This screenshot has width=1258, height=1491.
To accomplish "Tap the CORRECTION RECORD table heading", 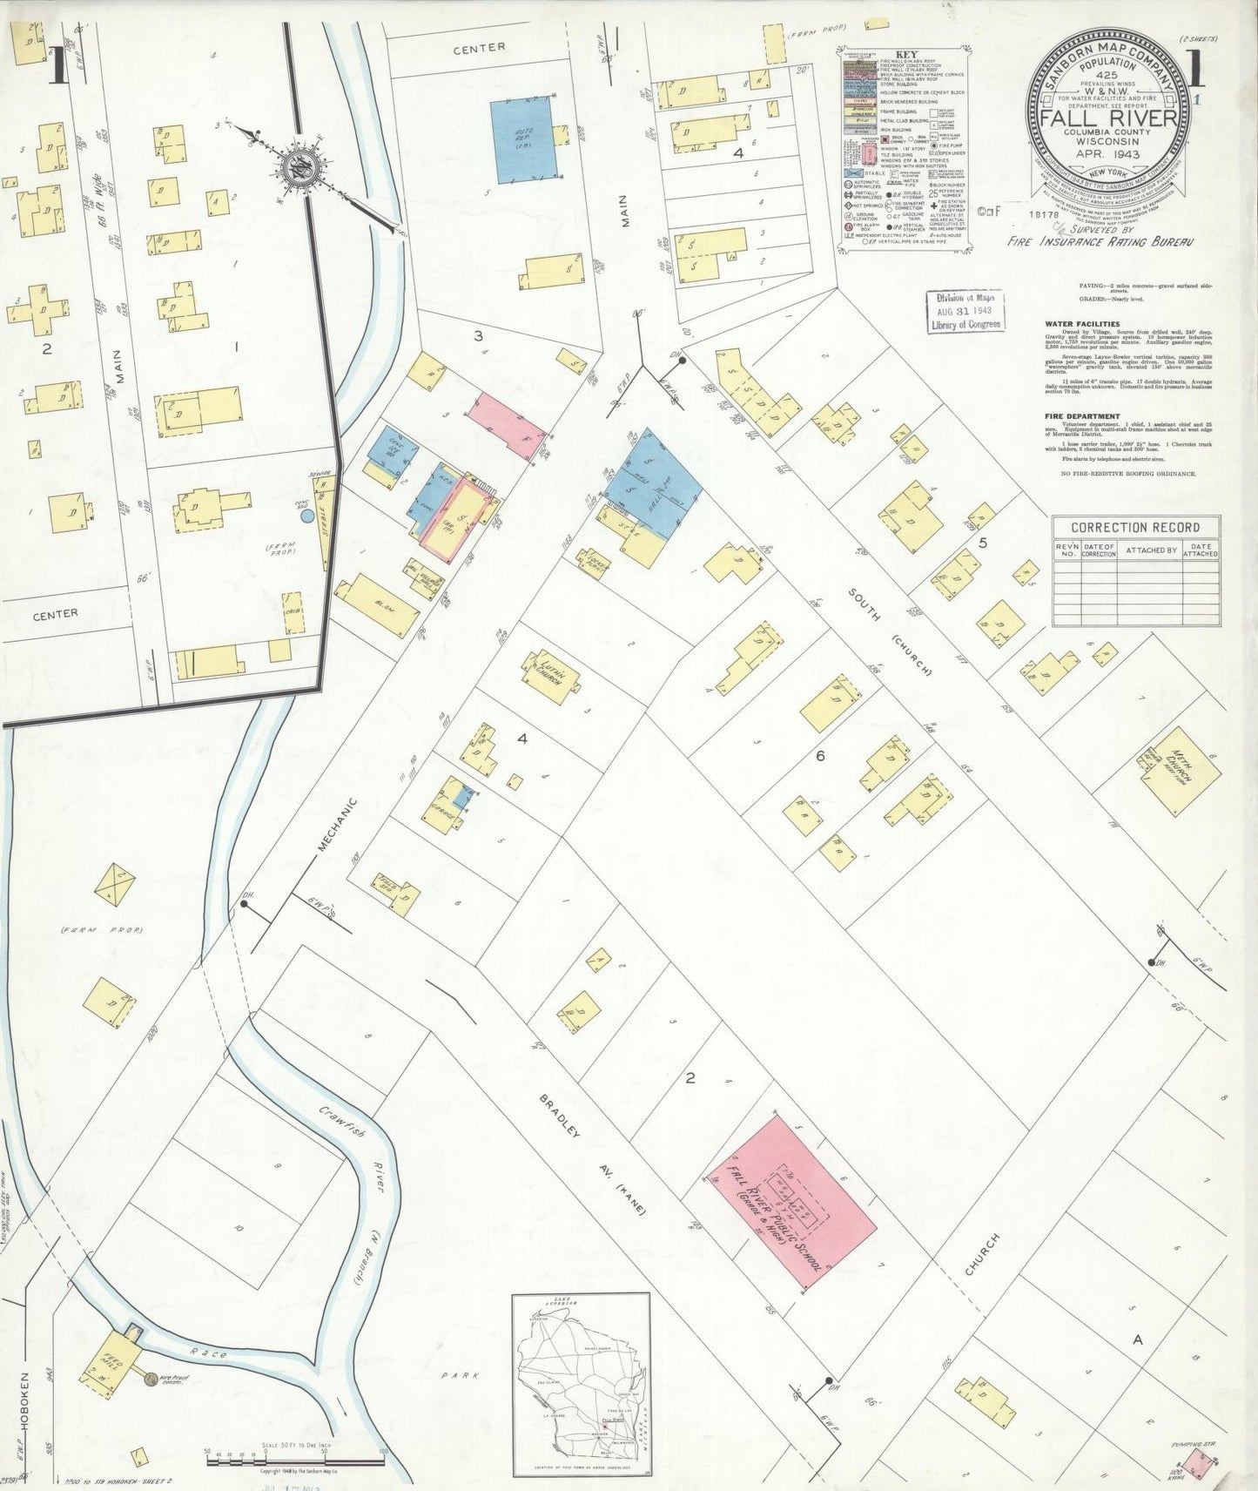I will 1123,527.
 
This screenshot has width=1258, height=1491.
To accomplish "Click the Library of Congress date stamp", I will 965,311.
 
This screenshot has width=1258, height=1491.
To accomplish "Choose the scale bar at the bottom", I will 296,1454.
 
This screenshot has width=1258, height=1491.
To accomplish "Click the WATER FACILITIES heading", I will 1083,324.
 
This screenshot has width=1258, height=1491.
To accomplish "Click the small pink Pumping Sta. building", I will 1200,1463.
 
